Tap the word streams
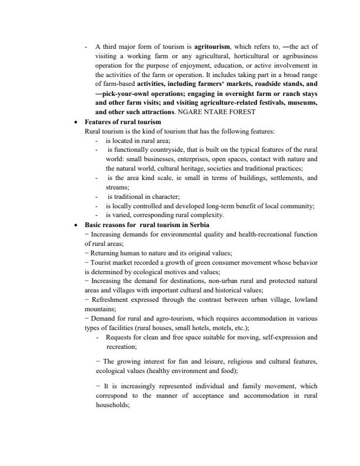click(117, 188)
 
